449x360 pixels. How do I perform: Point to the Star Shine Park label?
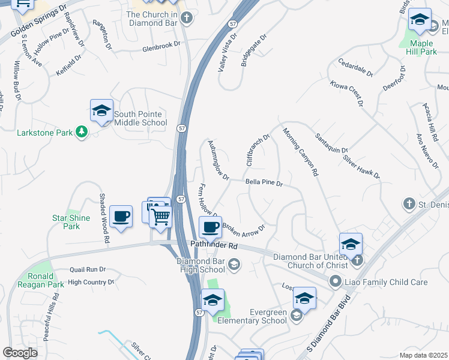[x=71, y=222]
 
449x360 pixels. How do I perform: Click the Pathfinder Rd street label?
[x=214, y=245]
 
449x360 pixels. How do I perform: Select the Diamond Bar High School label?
[x=202, y=265]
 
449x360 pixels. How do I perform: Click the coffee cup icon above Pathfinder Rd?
[x=210, y=227]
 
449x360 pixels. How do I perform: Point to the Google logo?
[x=20, y=352]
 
